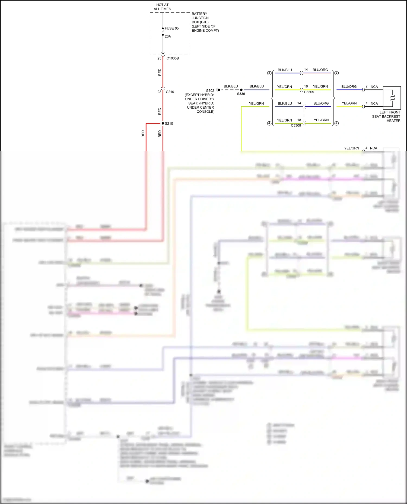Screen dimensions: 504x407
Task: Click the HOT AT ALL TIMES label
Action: tap(162, 7)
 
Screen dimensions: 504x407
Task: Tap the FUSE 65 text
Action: tap(171, 28)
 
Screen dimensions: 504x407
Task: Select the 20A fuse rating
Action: tap(168, 36)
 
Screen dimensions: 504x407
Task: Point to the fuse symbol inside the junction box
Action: tap(163, 32)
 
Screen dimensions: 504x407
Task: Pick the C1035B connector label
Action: tap(173, 58)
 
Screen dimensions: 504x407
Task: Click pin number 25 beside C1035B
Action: tap(159, 58)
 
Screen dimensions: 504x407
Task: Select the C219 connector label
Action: tap(170, 92)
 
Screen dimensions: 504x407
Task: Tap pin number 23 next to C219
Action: tap(159, 92)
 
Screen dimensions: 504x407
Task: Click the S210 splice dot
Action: tap(163, 123)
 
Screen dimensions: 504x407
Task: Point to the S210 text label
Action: tap(169, 123)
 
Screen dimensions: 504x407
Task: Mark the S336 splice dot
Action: tap(241, 90)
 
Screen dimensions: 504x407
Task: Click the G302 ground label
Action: tap(210, 91)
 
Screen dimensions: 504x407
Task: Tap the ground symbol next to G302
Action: tap(218, 90)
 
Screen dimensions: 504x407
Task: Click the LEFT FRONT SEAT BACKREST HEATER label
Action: tap(386, 116)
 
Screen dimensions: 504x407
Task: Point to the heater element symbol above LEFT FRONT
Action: tap(392, 98)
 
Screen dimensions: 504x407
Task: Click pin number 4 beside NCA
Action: tap(366, 148)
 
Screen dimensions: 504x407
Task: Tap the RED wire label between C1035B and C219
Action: tap(160, 72)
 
